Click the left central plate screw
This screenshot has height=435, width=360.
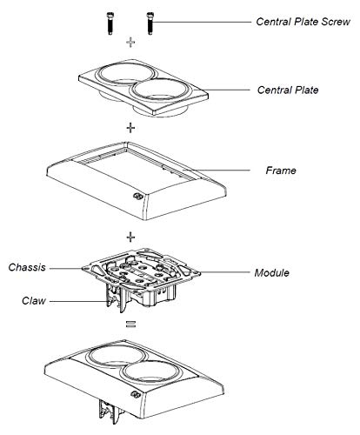(110, 23)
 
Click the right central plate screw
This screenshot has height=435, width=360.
(150, 23)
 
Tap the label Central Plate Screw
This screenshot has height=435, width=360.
(303, 22)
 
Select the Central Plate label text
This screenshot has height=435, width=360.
(288, 90)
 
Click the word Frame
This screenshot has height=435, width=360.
(281, 171)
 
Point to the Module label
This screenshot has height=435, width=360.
(271, 273)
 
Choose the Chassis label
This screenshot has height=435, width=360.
(27, 267)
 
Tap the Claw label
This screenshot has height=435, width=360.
(34, 301)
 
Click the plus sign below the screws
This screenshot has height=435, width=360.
(130, 43)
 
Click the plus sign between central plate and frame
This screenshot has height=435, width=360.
(130, 128)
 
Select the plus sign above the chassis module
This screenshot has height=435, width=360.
(130, 238)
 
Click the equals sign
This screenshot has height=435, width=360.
(130, 325)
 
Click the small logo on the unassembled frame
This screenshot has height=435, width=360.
(137, 197)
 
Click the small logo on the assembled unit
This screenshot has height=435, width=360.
(135, 395)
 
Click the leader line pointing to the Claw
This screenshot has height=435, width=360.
(77, 302)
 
